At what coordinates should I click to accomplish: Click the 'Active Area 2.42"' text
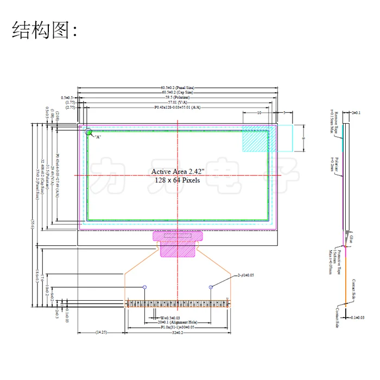click(176, 172)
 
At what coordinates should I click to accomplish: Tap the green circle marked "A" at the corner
click(88, 131)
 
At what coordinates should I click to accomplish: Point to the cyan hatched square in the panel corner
click(255, 138)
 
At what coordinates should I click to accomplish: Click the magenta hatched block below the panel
click(177, 243)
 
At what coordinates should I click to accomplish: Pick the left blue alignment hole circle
click(144, 287)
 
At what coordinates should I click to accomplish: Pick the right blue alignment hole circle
click(210, 287)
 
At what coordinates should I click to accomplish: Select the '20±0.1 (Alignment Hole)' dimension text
click(177, 321)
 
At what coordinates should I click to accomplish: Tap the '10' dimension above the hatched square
click(259, 112)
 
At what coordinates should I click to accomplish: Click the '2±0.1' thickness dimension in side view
click(357, 112)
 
